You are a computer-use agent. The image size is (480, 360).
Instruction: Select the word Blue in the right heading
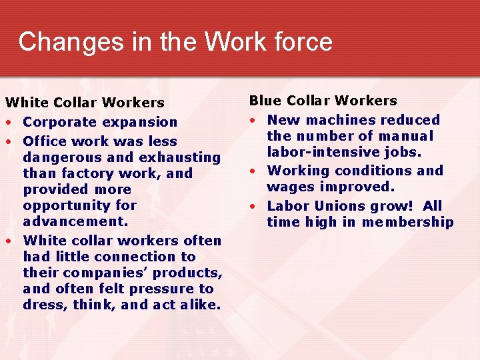click(x=265, y=101)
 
